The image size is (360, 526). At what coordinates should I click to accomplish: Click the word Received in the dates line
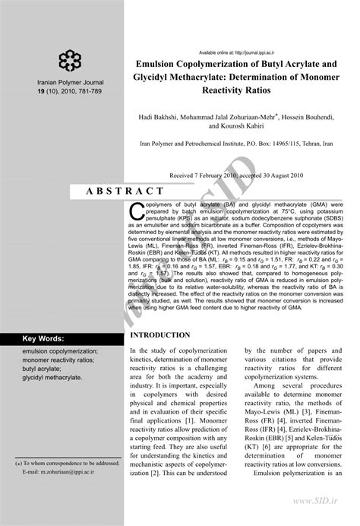(185, 174)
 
